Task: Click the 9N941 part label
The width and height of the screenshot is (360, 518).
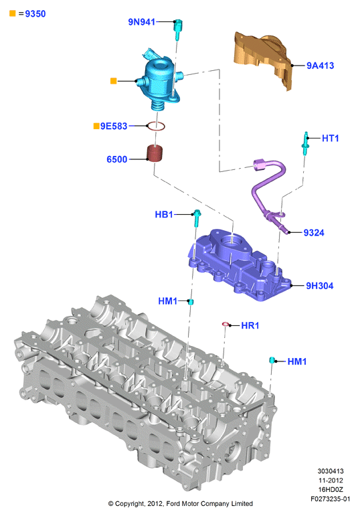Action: coord(141,22)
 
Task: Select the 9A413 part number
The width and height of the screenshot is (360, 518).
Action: coord(320,66)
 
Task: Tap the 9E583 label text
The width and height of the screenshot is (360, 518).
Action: coord(114,126)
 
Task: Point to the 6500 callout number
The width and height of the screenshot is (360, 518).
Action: coord(116,159)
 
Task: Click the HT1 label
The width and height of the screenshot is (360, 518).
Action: coord(331,138)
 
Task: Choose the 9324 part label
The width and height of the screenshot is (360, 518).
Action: coord(314,233)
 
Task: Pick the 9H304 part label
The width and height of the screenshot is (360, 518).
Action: coord(319,286)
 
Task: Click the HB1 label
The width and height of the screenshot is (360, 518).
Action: coord(164,214)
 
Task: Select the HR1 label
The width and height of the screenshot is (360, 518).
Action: coord(250,325)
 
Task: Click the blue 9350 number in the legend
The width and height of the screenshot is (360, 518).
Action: coord(35,14)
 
